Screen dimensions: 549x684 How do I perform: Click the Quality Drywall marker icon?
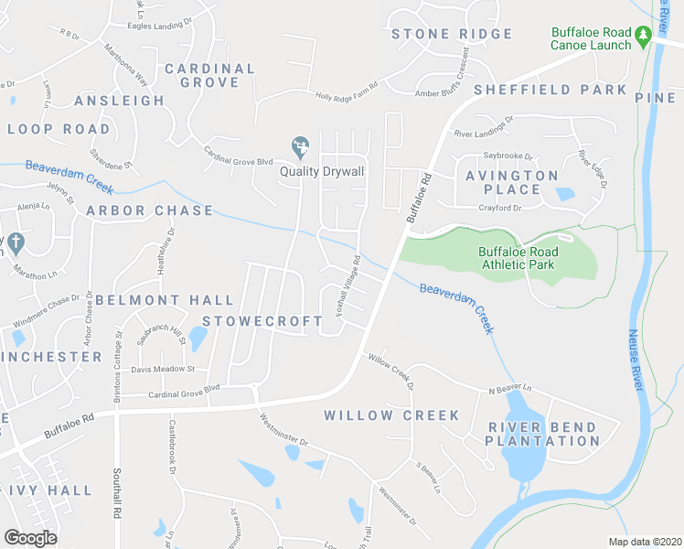299,146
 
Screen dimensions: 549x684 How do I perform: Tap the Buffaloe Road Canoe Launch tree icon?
643,35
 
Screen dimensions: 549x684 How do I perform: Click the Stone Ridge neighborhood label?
452,34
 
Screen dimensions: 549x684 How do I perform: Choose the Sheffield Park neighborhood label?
550,90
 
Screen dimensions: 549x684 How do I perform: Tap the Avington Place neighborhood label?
511,182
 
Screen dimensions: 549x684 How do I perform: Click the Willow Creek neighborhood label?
391,415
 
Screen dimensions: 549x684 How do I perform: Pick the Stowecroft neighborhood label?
262,321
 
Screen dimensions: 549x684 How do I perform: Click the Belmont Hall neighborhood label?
165,299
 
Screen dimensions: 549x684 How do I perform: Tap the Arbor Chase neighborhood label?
150,210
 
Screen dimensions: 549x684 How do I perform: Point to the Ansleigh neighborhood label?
120,101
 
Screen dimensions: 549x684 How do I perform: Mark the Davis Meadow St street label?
164,369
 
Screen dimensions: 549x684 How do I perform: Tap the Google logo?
30,537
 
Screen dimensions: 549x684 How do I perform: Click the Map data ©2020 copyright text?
645,542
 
